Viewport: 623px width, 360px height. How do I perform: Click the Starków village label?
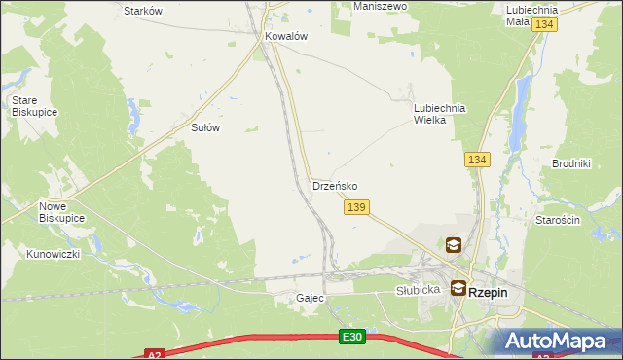[143, 11]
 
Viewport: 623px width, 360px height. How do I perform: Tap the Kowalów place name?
[286, 36]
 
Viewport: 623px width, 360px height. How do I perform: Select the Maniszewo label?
[380, 6]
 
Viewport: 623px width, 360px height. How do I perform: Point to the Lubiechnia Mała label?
[531, 15]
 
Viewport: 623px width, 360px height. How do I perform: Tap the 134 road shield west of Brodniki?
[476, 160]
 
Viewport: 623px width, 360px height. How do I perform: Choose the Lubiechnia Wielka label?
[442, 115]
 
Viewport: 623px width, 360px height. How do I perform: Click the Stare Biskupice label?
[34, 106]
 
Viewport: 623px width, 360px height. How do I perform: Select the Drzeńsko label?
[335, 185]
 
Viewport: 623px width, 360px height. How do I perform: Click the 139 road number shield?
[356, 207]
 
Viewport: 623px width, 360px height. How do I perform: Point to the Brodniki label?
[571, 163]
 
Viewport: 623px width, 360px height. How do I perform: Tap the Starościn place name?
[558, 221]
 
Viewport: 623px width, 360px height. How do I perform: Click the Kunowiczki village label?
[53, 254]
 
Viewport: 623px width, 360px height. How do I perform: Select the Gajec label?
[310, 298]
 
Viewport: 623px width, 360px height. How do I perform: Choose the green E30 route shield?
[352, 337]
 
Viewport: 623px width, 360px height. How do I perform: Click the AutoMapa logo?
[559, 341]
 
